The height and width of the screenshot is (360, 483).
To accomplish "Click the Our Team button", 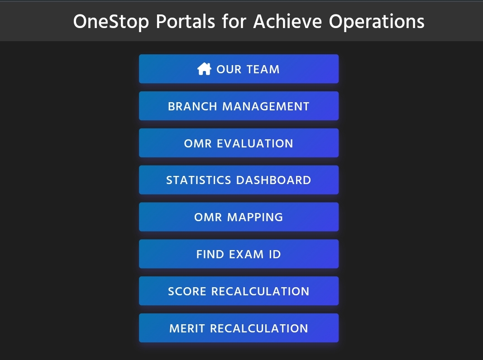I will click(239, 69).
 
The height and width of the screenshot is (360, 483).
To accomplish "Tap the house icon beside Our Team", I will click(204, 69).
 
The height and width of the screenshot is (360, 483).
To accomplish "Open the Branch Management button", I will click(239, 106).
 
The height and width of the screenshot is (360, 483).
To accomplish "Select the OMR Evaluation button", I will click(239, 143).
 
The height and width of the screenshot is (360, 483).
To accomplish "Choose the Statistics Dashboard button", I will click(239, 180).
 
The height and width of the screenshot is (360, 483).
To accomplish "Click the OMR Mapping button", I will click(239, 217).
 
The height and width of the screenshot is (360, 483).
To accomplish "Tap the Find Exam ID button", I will click(239, 254).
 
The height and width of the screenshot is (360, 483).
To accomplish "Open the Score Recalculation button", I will click(239, 291).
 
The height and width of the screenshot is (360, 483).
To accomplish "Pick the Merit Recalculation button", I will click(239, 328).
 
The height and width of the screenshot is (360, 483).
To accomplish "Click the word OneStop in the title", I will click(110, 21).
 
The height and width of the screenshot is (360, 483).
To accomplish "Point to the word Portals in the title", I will click(186, 21).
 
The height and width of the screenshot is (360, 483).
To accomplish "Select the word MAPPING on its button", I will click(255, 217).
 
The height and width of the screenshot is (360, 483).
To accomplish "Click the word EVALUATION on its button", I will click(255, 143).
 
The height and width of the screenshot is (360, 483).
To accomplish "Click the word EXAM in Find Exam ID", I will click(246, 254).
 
